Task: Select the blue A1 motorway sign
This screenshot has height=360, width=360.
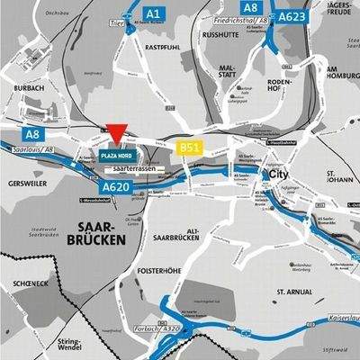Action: (x=153, y=13)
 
